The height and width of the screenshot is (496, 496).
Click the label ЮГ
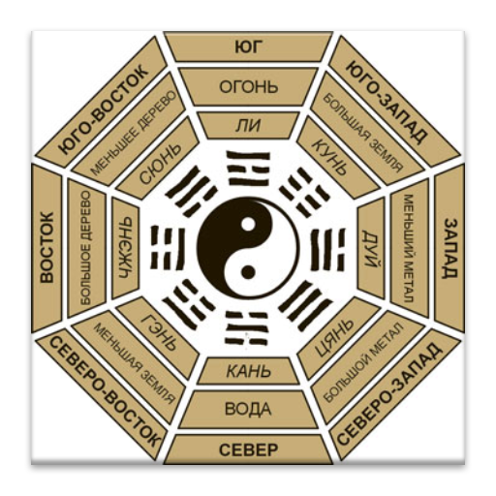[x=247, y=47]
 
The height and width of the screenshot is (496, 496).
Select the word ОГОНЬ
[x=248, y=87]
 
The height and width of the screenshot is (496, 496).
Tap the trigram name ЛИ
[x=248, y=125]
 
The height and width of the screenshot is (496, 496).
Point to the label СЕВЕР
[x=248, y=449]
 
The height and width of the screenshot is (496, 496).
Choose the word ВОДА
[x=248, y=409]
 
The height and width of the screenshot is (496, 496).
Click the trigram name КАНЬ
[x=248, y=371]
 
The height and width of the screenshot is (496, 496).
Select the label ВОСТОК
[x=47, y=247]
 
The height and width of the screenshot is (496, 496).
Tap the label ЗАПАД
[x=449, y=248]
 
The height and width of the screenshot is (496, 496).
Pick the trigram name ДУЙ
[x=371, y=248]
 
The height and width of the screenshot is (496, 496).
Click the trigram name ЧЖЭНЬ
[x=125, y=247]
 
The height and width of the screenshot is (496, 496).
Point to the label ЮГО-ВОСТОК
[x=104, y=109]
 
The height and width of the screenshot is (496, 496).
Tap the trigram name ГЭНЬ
[x=159, y=332]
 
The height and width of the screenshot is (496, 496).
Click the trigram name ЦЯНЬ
[x=334, y=336]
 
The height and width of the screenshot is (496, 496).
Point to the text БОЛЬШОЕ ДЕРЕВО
[x=86, y=247]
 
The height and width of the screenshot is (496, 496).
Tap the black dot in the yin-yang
[x=247, y=272]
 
